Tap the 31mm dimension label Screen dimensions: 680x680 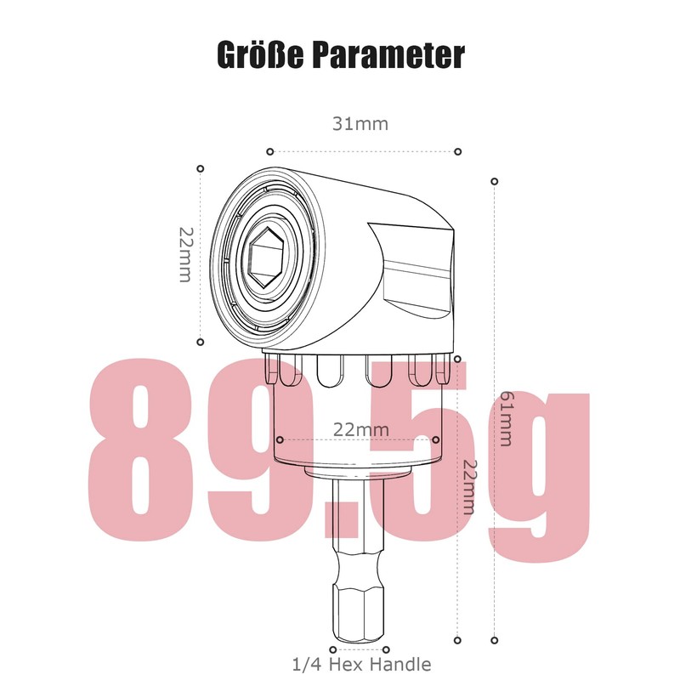pos(360,124)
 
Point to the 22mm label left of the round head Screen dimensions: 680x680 pos(185,255)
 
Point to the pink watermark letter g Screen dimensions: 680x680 pos(534,476)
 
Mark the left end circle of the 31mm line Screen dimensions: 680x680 pos(269,151)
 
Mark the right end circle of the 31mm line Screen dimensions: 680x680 pos(457,151)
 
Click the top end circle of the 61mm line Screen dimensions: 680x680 pos(495,181)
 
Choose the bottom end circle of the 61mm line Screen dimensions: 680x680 pos(495,640)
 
